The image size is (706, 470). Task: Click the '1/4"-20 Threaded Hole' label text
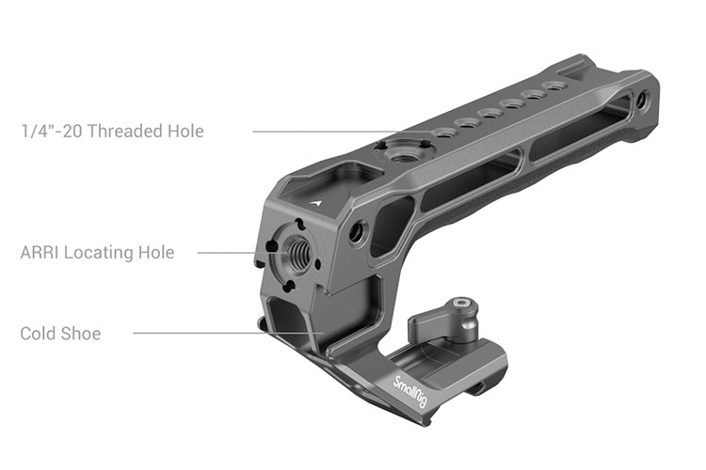(112, 131)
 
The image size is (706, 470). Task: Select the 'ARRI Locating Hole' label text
(97, 253)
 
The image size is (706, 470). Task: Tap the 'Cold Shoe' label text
(60, 334)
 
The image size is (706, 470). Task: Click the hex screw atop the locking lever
(458, 305)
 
